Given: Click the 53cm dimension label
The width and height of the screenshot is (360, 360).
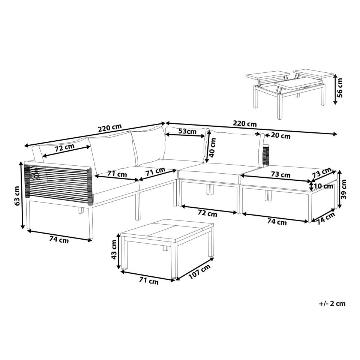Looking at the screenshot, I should click(187, 131).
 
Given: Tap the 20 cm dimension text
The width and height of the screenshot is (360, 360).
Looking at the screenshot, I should click(280, 136).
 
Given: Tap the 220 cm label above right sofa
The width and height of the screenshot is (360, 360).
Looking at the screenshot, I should click(245, 123).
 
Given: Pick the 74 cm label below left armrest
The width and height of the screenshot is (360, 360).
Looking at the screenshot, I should click(59, 240).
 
